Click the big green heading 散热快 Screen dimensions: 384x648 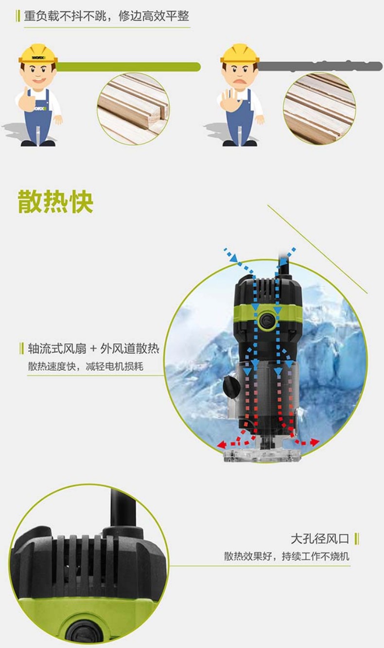pyautogui.click(x=55, y=202)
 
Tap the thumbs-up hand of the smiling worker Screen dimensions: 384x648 pyautogui.click(x=26, y=99)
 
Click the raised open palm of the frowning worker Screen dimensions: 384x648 pyautogui.click(x=228, y=99)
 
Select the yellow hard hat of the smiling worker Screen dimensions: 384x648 pyautogui.click(x=38, y=53)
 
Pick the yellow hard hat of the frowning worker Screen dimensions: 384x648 pyautogui.click(x=240, y=53)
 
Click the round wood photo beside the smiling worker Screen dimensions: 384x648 pyautogui.click(x=133, y=108)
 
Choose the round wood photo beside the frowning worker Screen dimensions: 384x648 pyautogui.click(x=319, y=108)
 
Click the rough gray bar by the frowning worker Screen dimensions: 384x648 pyautogui.click(x=320, y=67)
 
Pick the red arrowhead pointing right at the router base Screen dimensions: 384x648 pyautogui.click(x=315, y=443)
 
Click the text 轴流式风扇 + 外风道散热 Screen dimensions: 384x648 pyautogui.click(x=93, y=349)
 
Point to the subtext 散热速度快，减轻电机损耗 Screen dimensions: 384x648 pyautogui.click(x=86, y=367)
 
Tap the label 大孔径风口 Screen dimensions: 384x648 pyautogui.click(x=320, y=539)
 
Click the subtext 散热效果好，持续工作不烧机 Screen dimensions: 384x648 pyautogui.click(x=287, y=556)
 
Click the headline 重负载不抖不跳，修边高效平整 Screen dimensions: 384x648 pyautogui.click(x=106, y=16)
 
